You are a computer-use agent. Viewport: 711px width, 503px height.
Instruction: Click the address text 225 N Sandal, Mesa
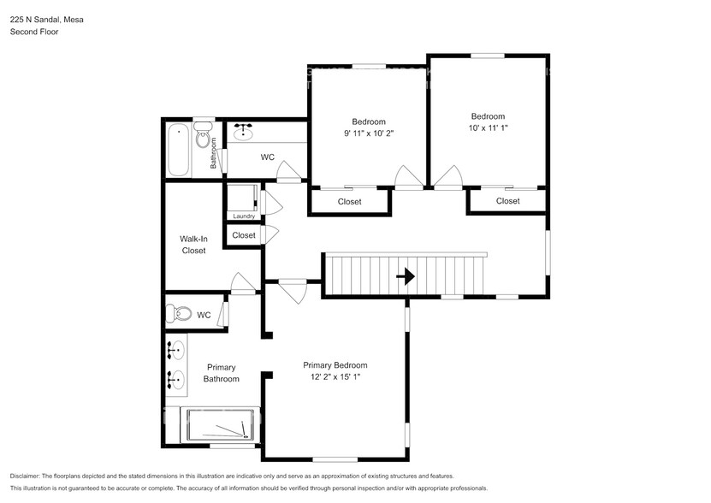pyautogui.click(x=47, y=19)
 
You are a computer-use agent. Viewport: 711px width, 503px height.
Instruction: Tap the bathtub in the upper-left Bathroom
pyautogui.click(x=179, y=149)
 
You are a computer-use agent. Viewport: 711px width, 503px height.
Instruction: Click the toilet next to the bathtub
pyautogui.click(x=203, y=135)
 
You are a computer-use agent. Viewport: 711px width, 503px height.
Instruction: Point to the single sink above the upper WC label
pyautogui.click(x=245, y=131)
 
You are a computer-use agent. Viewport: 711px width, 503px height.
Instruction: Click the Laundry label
pyautogui.click(x=244, y=216)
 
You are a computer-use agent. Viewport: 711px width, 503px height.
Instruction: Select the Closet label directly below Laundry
pyautogui.click(x=244, y=235)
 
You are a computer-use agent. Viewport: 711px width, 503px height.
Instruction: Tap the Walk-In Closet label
pyautogui.click(x=193, y=245)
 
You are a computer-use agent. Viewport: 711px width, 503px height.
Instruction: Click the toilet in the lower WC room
pyautogui.click(x=179, y=314)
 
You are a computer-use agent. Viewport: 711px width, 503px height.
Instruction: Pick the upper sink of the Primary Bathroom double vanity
pyautogui.click(x=177, y=349)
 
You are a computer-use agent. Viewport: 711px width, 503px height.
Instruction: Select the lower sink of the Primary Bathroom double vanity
pyautogui.click(x=177, y=377)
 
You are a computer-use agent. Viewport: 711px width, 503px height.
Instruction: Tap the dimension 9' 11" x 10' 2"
pyautogui.click(x=369, y=133)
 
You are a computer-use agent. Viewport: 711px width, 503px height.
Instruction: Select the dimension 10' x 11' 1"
pyautogui.click(x=488, y=128)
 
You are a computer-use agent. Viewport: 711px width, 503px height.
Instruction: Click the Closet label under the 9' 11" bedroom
pyautogui.click(x=349, y=202)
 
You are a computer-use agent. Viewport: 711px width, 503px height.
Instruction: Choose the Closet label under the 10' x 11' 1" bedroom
pyautogui.click(x=507, y=201)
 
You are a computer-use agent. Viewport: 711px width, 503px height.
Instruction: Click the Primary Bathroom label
pyautogui.click(x=221, y=373)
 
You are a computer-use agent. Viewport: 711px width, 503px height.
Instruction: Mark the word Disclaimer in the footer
pyautogui.click(x=30, y=476)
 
